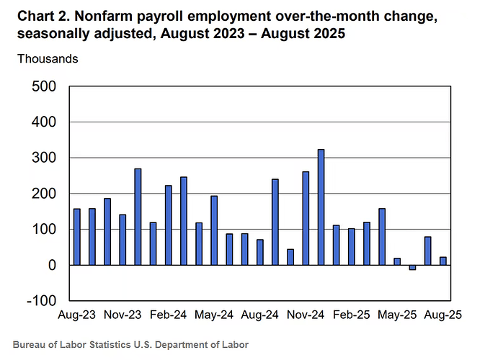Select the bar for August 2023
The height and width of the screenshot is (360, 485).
click(x=77, y=237)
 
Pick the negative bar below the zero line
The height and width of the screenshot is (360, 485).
click(x=412, y=267)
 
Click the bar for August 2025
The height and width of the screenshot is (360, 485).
click(x=442, y=261)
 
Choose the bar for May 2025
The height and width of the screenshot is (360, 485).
click(x=397, y=261)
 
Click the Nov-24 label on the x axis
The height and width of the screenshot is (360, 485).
click(x=306, y=315)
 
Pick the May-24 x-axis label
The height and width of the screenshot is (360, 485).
click(x=213, y=315)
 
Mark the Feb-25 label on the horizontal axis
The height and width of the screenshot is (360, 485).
click(x=351, y=315)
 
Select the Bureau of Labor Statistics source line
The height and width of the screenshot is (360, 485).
click(x=130, y=345)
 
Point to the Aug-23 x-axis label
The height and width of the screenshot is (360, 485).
click(x=77, y=315)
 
